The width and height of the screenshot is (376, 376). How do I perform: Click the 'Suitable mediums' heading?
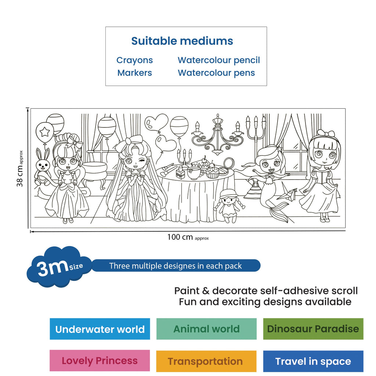click(x=182, y=41)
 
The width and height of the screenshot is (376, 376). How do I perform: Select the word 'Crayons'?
click(x=134, y=60)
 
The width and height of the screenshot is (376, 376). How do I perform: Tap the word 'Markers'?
click(x=134, y=73)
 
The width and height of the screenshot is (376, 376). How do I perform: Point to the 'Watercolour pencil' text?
click(x=219, y=60)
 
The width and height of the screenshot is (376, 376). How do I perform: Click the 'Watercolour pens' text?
click(x=216, y=73)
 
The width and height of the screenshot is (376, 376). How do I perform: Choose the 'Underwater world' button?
click(x=100, y=329)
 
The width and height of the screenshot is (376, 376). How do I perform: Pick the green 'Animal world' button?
click(x=206, y=329)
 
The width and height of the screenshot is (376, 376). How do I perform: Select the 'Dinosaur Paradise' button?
click(x=313, y=329)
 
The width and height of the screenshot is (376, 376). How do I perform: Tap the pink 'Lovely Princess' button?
click(x=100, y=361)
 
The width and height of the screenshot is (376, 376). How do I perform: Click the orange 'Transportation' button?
click(x=206, y=361)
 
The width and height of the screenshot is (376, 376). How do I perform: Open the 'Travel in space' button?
click(x=313, y=361)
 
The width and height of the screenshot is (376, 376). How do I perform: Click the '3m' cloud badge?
click(x=59, y=267)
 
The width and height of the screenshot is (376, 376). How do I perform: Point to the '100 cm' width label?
click(x=188, y=237)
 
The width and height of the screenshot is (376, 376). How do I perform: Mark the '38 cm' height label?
click(x=20, y=169)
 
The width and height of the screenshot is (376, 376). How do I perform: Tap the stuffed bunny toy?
click(x=43, y=167)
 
